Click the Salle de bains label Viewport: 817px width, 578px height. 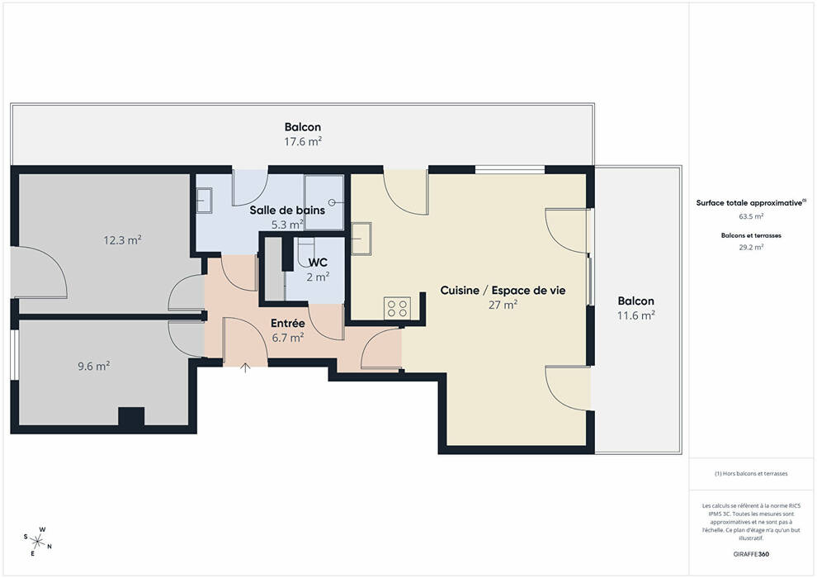click(287, 210)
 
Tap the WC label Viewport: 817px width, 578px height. click(318, 262)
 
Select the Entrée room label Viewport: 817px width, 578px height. click(288, 324)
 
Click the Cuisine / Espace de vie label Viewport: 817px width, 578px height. click(503, 291)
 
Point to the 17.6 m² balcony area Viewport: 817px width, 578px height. click(303, 141)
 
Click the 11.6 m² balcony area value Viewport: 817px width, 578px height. click(635, 315)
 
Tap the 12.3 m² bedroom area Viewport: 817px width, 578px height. click(122, 240)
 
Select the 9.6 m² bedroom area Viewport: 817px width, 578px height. click(94, 367)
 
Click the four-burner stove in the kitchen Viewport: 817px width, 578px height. click(397, 307)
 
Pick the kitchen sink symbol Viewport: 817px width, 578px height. click(361, 238)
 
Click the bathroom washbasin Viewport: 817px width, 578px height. click(204, 201)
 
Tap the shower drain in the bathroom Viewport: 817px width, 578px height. click(332, 202)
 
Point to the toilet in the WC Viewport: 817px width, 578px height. click(305, 253)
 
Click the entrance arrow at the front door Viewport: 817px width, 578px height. click(245, 368)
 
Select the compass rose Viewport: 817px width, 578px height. click(37, 542)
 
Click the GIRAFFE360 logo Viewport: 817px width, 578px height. click(751, 554)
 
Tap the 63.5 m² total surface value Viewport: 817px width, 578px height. click(751, 216)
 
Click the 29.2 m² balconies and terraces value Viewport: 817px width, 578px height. click(751, 248)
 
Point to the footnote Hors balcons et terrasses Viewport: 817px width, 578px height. click(751, 474)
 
